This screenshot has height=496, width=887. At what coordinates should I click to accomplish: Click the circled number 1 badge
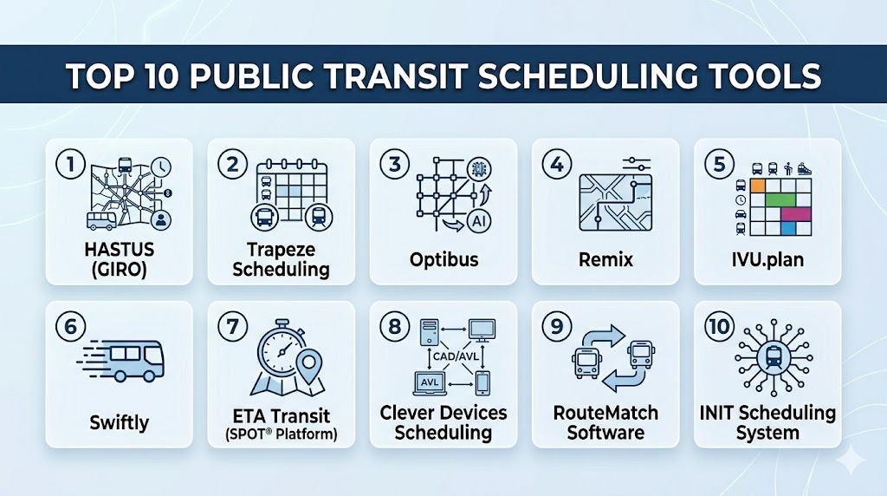[x=70, y=164]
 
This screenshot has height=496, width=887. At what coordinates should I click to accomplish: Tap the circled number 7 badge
[x=232, y=327]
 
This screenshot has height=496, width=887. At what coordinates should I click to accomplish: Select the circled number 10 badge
[x=719, y=327]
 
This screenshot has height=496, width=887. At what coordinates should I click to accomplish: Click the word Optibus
[x=444, y=260]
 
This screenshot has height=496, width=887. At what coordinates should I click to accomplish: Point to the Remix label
[x=605, y=260]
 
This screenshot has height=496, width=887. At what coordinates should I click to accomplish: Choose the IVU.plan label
[x=767, y=260]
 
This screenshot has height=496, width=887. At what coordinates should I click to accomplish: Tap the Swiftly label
[x=120, y=423]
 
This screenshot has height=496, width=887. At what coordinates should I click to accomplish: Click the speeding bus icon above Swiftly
[x=121, y=360]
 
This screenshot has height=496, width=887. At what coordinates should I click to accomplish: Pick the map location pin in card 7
[x=309, y=366]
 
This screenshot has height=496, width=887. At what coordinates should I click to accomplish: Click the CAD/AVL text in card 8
[x=456, y=356]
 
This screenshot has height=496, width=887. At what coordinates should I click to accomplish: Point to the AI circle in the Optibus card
[x=479, y=221]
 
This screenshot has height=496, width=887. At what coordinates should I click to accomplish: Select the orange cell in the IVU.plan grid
[x=757, y=186]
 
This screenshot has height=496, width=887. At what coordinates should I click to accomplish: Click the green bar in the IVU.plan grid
[x=780, y=199]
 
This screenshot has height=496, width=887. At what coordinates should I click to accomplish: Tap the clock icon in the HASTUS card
[x=161, y=167]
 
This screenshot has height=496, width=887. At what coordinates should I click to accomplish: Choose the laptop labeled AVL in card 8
[x=430, y=383]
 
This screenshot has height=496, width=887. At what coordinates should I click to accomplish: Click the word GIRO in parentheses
[x=120, y=270]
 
